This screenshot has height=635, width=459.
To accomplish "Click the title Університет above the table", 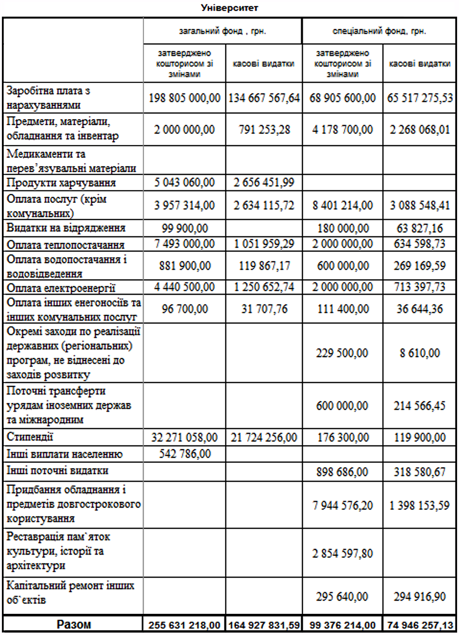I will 229,8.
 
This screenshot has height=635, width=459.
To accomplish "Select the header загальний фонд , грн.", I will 223,31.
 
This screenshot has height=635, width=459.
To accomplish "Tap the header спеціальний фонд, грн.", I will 379,31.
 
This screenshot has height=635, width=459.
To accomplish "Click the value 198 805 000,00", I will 184,98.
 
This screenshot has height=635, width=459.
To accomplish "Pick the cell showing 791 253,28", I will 264,130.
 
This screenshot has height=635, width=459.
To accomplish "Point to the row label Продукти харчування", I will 61,183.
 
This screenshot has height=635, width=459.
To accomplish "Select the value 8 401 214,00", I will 343,206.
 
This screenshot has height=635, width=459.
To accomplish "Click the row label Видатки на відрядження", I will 66,228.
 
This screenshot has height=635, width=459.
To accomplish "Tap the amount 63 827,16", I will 419,228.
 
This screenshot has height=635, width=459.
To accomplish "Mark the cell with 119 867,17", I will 264,265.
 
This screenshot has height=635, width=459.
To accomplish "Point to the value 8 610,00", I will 419,353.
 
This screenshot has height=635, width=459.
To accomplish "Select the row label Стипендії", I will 30,437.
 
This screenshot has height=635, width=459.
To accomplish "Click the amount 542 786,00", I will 184,454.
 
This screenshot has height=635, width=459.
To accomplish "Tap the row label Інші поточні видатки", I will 57,471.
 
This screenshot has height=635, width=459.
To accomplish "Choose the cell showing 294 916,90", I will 419,596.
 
